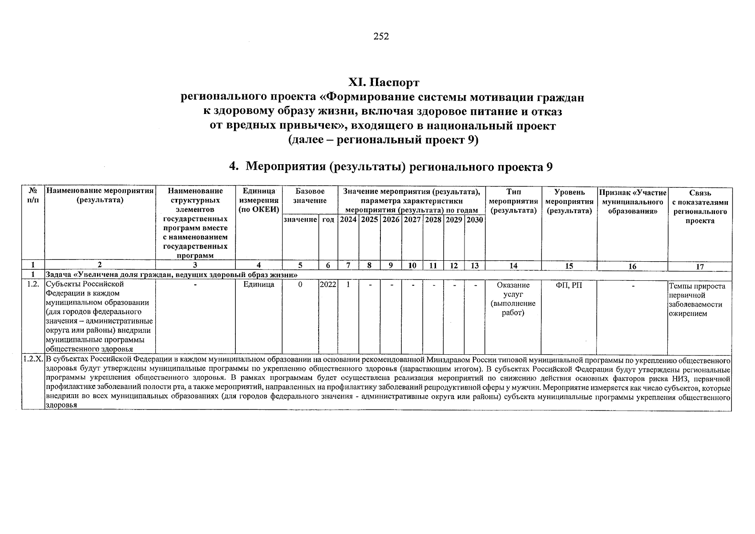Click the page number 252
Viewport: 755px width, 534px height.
pyautogui.click(x=381, y=37)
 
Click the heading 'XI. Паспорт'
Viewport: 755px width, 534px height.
pyautogui.click(x=383, y=83)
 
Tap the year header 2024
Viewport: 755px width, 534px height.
pyautogui.click(x=348, y=219)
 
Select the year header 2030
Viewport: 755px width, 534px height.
pyautogui.click(x=475, y=219)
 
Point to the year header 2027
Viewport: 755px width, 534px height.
pyautogui.click(x=412, y=219)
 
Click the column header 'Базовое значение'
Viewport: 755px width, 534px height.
pyautogui.click(x=310, y=196)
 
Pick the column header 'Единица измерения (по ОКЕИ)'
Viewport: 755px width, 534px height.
pyautogui.click(x=258, y=201)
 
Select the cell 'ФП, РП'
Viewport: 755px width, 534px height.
pyautogui.click(x=569, y=285)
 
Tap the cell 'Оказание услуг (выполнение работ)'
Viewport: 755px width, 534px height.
pyautogui.click(x=513, y=299)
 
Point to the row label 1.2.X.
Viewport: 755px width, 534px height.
pyautogui.click(x=33, y=359)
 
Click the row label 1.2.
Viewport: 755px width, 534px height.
pyautogui.click(x=33, y=284)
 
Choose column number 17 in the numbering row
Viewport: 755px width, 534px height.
pyautogui.click(x=700, y=267)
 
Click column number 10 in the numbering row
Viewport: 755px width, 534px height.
pyautogui.click(x=412, y=266)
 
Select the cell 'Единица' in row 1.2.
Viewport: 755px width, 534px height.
pyautogui.click(x=258, y=284)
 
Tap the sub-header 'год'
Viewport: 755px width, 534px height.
pyautogui.click(x=328, y=220)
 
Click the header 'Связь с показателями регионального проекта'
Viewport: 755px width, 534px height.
pyautogui.click(x=700, y=206)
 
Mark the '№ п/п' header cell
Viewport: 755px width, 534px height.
pyautogui.click(x=33, y=196)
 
